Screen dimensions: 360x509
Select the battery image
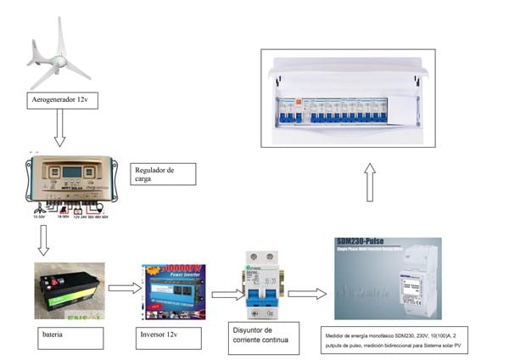(69, 290)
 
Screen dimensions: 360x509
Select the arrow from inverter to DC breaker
(222, 295)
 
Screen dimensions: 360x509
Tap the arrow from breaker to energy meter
(306, 294)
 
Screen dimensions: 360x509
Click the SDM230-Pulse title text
(360, 242)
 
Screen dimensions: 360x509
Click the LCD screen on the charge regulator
(71, 172)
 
